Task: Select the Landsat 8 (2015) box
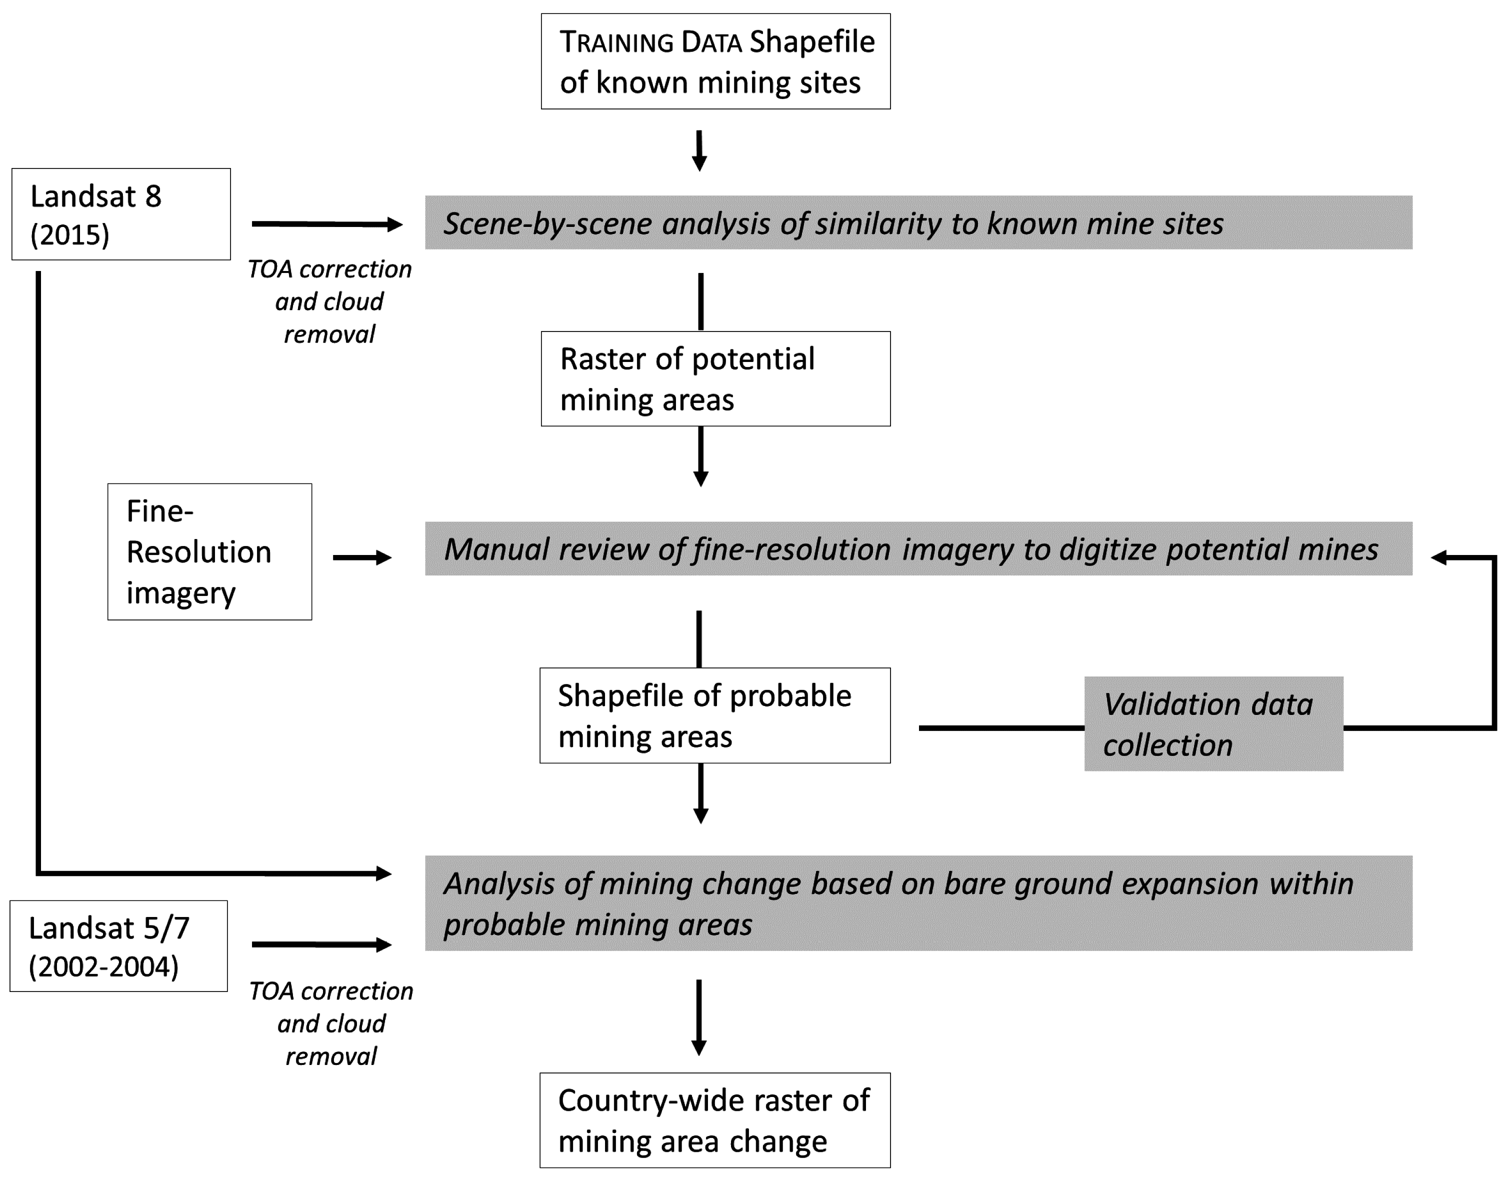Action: coord(120,214)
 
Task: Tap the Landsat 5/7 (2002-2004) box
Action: coord(118,946)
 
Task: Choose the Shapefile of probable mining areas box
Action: coord(714,715)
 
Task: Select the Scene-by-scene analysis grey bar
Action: coord(918,223)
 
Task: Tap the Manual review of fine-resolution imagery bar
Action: coord(918,548)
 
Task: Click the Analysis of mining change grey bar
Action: coord(918,903)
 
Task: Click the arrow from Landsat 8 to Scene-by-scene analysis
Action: coord(325,223)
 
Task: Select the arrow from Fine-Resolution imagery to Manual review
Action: coord(361,557)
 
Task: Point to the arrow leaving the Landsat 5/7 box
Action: coord(320,944)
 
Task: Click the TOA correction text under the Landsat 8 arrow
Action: coord(329,301)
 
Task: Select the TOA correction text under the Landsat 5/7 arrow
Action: coord(331,1023)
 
